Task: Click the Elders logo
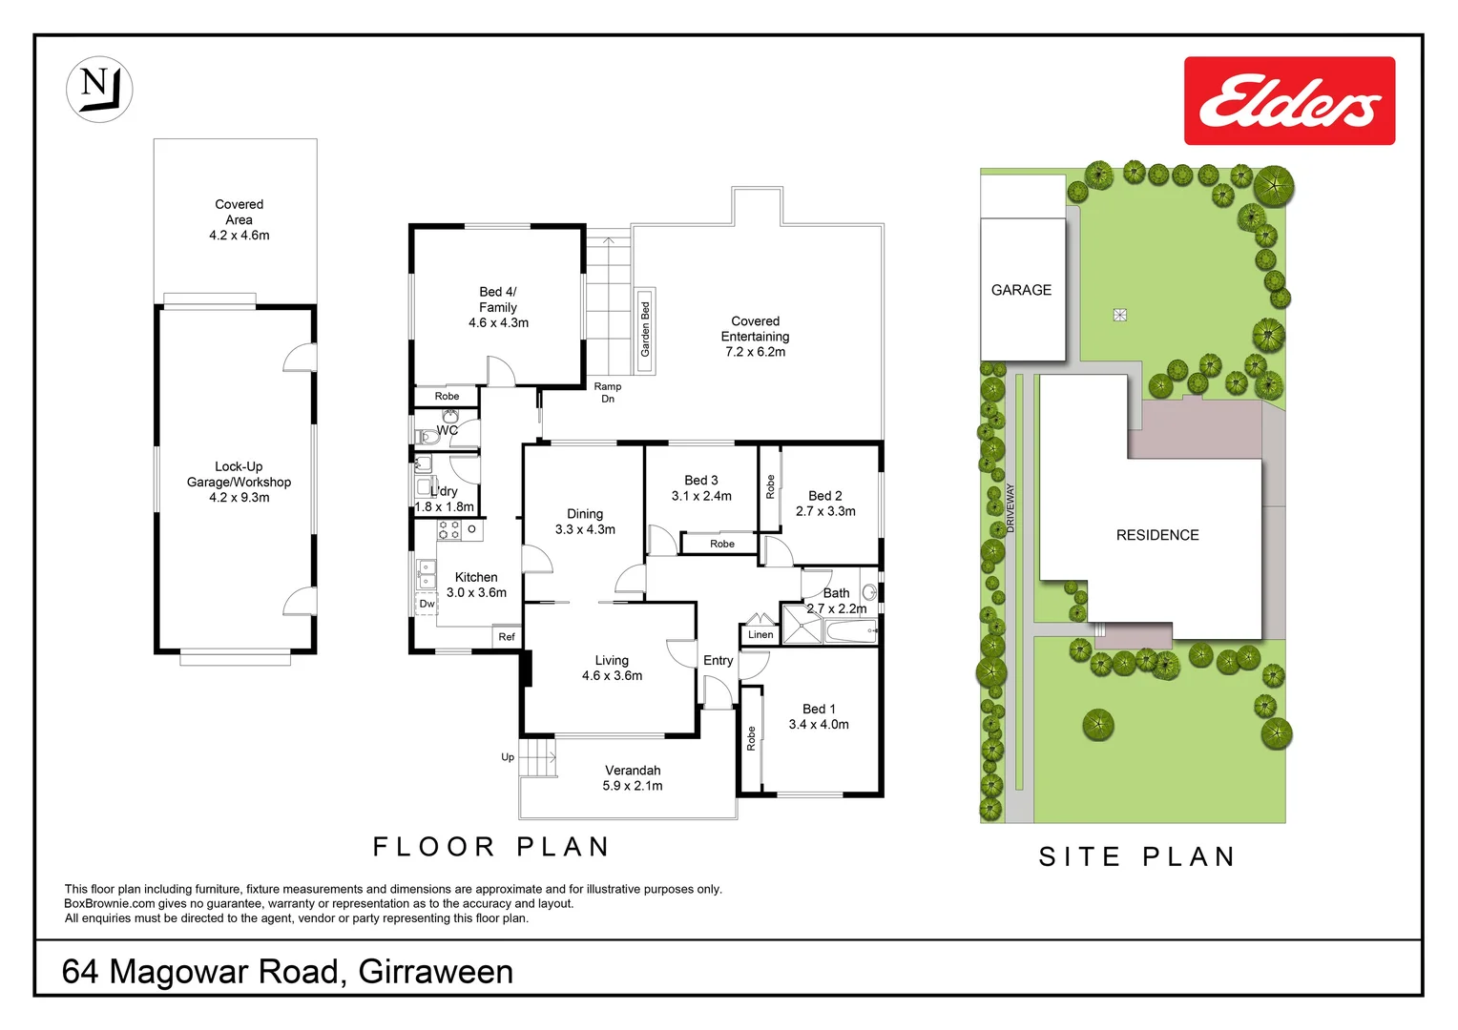coord(1289,101)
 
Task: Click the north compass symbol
coord(99,89)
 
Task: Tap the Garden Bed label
coord(645,330)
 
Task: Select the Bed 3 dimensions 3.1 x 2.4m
coord(701,496)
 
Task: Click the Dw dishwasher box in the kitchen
coord(427,604)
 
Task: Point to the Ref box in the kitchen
coord(507,637)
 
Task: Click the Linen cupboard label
coord(760,634)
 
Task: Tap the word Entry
coord(719,660)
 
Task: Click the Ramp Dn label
coord(608,393)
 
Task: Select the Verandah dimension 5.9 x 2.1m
coord(633,786)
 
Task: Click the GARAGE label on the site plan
coord(1021,290)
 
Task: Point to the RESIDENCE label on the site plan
coord(1157,535)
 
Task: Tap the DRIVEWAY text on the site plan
coord(1010,507)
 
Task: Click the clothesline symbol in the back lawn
coord(1120,315)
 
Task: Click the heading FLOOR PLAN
coord(491,847)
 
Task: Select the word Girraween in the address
coord(436,972)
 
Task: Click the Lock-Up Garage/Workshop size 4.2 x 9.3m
coord(239,498)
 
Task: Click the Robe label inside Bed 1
coord(751,738)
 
